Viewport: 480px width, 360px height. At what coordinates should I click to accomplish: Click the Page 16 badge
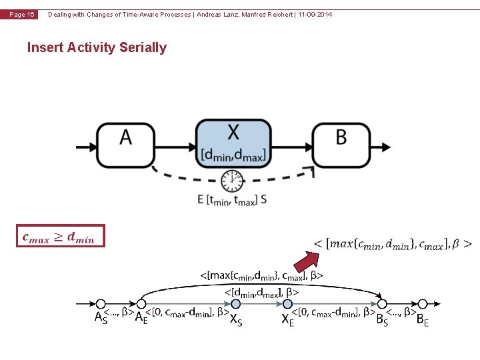21,15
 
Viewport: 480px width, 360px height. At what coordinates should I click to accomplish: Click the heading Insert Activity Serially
97,47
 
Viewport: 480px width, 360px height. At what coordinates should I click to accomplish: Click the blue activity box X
233,144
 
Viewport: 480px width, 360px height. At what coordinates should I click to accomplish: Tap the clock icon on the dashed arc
232,180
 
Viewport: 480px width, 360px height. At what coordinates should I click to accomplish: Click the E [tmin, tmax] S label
231,199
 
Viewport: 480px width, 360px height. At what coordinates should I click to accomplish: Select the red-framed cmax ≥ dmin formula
61,236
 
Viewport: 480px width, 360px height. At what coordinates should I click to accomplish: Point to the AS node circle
101,305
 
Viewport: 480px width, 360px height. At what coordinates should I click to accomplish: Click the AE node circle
141,305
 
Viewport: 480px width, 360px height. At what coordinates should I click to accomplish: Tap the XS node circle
235,305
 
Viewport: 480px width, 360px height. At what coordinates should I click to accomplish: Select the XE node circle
288,305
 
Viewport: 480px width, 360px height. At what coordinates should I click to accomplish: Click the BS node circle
383,305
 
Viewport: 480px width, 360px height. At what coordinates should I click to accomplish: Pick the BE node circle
423,305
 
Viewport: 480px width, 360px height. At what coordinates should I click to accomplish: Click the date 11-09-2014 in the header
314,15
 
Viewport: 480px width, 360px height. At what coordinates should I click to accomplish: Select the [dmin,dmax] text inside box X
233,156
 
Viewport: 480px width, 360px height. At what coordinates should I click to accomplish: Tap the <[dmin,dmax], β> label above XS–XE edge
261,291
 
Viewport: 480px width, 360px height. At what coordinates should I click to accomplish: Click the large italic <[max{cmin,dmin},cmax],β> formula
393,244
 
